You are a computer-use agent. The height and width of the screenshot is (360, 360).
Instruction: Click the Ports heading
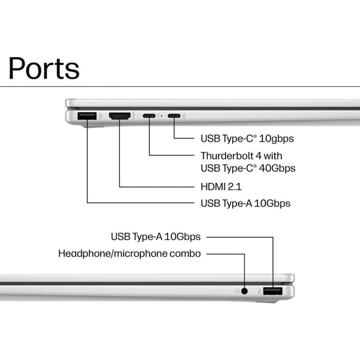click(44, 68)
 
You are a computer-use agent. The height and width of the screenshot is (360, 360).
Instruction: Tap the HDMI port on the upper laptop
click(119, 116)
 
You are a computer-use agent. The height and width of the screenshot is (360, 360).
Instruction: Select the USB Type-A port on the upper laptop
click(87, 116)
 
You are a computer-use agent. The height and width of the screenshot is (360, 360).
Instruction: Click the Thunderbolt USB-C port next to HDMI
click(149, 116)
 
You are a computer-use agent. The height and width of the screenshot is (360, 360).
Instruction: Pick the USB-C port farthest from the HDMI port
click(174, 116)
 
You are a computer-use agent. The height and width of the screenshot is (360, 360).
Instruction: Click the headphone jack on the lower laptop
click(245, 291)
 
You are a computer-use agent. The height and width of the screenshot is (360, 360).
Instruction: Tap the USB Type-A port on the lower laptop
click(272, 291)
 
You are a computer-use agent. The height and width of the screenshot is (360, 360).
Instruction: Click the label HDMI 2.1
click(221, 187)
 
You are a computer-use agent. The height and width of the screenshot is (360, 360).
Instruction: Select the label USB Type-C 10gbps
click(247, 139)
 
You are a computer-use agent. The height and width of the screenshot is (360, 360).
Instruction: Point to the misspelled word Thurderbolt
click(227, 156)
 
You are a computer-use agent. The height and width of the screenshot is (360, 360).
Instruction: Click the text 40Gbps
click(277, 168)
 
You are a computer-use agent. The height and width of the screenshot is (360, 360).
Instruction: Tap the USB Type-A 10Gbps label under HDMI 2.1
click(245, 203)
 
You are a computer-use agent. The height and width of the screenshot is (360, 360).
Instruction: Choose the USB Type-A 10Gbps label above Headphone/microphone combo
click(155, 237)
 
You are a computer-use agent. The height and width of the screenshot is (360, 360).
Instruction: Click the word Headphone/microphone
click(113, 254)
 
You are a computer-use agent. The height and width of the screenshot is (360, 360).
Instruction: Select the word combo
click(185, 254)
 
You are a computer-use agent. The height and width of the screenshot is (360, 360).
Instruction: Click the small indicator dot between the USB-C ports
click(162, 116)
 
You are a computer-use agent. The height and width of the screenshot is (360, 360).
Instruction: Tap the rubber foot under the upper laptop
click(94, 126)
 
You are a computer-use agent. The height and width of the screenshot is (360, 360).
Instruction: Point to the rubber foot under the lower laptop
click(266, 301)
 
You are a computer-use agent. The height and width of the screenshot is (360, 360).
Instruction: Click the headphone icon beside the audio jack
click(237, 291)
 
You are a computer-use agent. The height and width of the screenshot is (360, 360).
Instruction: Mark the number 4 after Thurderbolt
click(259, 156)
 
